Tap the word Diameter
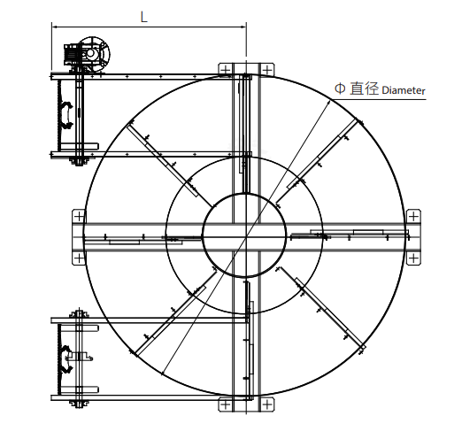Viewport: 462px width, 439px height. pos(404,90)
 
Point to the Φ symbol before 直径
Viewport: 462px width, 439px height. pos(340,89)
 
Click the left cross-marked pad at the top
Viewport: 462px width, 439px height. pos(227,71)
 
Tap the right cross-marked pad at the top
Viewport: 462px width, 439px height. pos(265,71)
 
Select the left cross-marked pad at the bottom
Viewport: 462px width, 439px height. pos(227,404)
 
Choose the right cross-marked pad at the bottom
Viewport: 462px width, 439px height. pos(265,404)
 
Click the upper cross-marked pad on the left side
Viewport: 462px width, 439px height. pos(79,216)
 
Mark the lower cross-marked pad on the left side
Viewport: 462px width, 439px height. pos(79,258)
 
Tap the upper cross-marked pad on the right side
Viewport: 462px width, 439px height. pos(412,216)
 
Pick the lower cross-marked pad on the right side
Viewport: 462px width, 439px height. pos(412,258)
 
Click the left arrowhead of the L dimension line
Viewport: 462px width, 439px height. pos(56,27)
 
